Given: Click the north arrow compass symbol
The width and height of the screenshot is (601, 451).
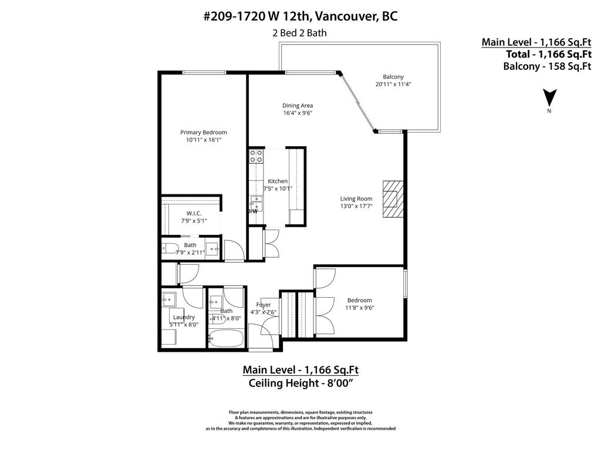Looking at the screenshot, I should click(x=549, y=98).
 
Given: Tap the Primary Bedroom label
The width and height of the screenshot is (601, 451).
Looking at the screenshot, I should click(x=203, y=133).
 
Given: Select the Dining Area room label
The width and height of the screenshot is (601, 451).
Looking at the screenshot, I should click(x=297, y=106).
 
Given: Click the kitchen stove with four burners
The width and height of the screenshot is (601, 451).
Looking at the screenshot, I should click(x=256, y=156).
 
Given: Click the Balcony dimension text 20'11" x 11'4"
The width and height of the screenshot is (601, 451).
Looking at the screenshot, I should click(x=393, y=84).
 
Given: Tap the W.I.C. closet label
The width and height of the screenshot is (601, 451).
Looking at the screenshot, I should click(x=194, y=213).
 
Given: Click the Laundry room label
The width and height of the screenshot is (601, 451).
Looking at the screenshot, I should click(x=184, y=317).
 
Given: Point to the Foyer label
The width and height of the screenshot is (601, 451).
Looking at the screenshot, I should click(x=264, y=305).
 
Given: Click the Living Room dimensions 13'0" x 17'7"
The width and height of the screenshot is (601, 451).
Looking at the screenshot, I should click(x=356, y=206).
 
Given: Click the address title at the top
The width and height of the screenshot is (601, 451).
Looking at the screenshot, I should click(x=300, y=16).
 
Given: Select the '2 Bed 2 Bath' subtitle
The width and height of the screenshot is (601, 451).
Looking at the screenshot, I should click(x=299, y=33).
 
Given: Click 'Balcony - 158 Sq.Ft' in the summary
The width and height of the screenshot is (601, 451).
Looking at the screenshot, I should click(x=546, y=66).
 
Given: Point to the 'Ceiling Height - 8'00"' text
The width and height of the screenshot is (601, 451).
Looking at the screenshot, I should click(x=300, y=383).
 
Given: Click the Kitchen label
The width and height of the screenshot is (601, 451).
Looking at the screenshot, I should click(x=278, y=181).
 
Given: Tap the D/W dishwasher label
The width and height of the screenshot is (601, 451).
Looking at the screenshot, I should click(x=252, y=210).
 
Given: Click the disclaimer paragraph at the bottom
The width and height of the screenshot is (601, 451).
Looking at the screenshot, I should click(x=300, y=420).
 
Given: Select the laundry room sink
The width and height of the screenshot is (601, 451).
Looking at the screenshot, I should click(x=168, y=299).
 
